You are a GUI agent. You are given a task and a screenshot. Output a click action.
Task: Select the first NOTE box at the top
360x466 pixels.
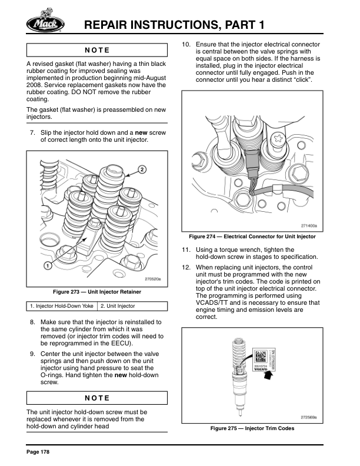(97, 49)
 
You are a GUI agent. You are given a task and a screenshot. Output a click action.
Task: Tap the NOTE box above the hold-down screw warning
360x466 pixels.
(97, 398)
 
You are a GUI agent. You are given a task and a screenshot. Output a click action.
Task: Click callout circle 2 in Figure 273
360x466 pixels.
(142, 169)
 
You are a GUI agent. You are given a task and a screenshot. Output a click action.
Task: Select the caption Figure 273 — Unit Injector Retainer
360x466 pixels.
(97, 292)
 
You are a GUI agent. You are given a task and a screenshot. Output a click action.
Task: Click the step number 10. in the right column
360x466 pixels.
(186, 45)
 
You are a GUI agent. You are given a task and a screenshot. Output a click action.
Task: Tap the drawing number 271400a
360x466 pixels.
(308, 225)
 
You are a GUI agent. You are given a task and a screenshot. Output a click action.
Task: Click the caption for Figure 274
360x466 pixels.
(252, 237)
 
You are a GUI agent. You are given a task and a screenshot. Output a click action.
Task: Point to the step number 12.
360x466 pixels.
(186, 267)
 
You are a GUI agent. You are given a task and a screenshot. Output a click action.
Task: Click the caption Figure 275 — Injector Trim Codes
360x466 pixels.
(252, 428)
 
